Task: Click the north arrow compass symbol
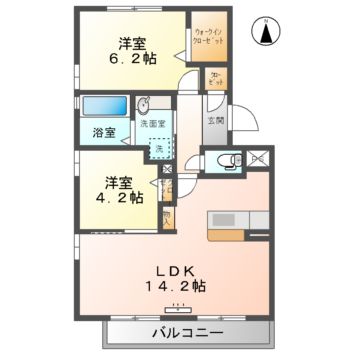[x=267, y=33]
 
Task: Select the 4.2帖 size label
[x=119, y=197]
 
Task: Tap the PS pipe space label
[x=255, y=157]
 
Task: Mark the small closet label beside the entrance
[x=215, y=79]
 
